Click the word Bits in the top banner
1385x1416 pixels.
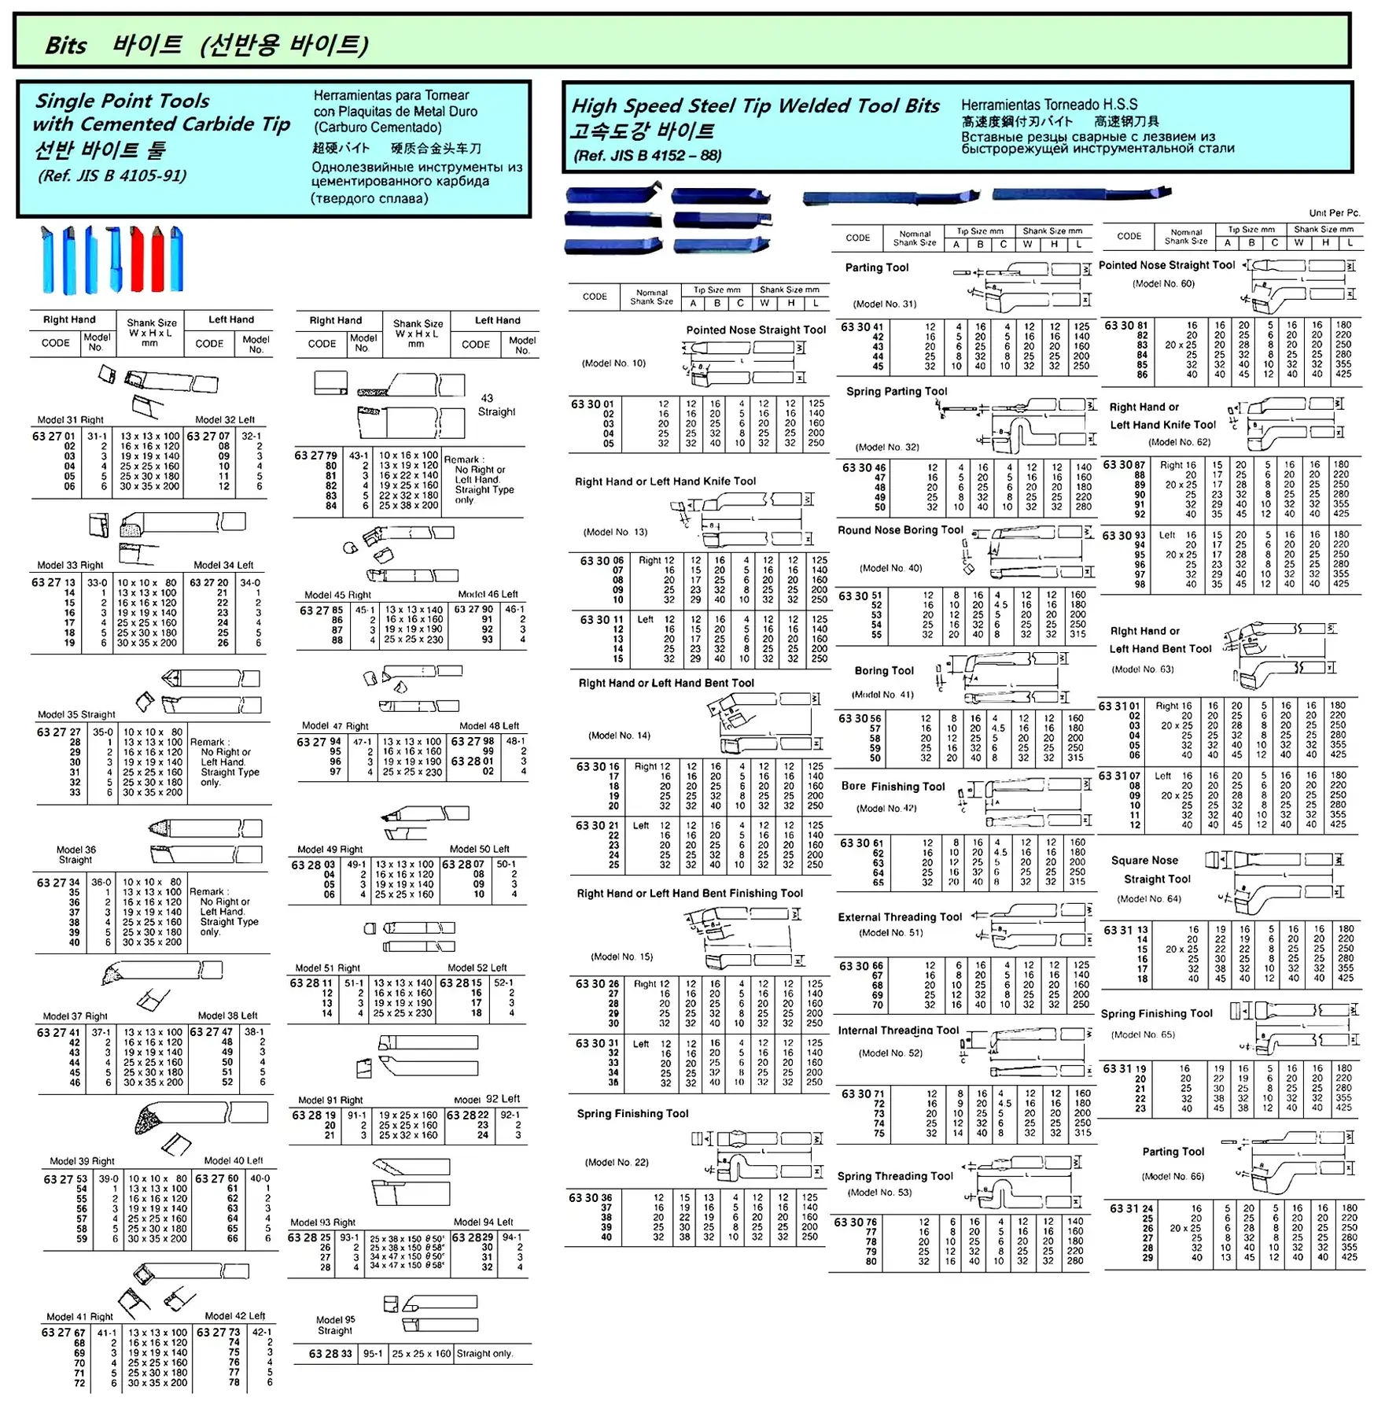(65, 45)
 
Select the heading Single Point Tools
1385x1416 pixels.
(122, 101)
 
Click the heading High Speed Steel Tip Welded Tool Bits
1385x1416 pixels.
(755, 106)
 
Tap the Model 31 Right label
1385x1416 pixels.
(70, 420)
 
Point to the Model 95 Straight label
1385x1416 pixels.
(335, 1325)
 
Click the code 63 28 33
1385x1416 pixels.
(330, 1354)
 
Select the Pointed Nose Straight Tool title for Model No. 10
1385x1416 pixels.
(756, 330)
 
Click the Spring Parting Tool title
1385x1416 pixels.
(897, 392)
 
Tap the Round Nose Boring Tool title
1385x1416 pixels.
(900, 530)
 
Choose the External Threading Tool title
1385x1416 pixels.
(900, 917)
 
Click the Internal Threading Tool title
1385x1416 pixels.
(898, 1031)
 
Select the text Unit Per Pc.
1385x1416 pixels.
(1334, 213)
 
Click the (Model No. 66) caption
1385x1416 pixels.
(1173, 1176)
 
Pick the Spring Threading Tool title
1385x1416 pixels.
(895, 1176)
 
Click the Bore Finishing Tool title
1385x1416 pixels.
(893, 787)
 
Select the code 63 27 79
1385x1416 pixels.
(315, 455)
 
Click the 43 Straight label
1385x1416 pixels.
(496, 405)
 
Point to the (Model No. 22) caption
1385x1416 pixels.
(617, 1162)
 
